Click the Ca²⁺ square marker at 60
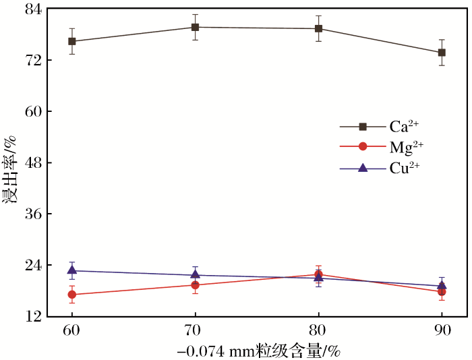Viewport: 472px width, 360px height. tap(72, 41)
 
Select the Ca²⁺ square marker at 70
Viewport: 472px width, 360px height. tap(195, 27)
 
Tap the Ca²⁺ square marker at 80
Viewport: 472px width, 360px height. tap(318, 28)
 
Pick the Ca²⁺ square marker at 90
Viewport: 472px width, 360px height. tap(442, 53)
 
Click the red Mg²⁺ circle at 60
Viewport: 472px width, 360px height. tap(72, 295)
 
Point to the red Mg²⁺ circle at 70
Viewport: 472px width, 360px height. tap(195, 285)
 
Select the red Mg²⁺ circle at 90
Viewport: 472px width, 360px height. tap(442, 292)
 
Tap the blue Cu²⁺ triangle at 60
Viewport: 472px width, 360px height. tap(72, 270)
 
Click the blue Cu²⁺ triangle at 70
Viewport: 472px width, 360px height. tap(195, 274)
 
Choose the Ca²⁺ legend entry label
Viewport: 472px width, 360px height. tap(404, 126)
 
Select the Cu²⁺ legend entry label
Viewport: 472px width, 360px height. tap(404, 167)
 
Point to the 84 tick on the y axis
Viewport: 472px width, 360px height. tap(34, 9)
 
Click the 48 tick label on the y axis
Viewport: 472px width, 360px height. tap(34, 162)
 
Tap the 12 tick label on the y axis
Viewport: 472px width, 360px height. tap(34, 316)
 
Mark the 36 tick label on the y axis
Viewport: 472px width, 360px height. tap(34, 214)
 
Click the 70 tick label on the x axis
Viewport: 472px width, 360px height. tap(195, 330)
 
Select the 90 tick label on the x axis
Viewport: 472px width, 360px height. tap(442, 330)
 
